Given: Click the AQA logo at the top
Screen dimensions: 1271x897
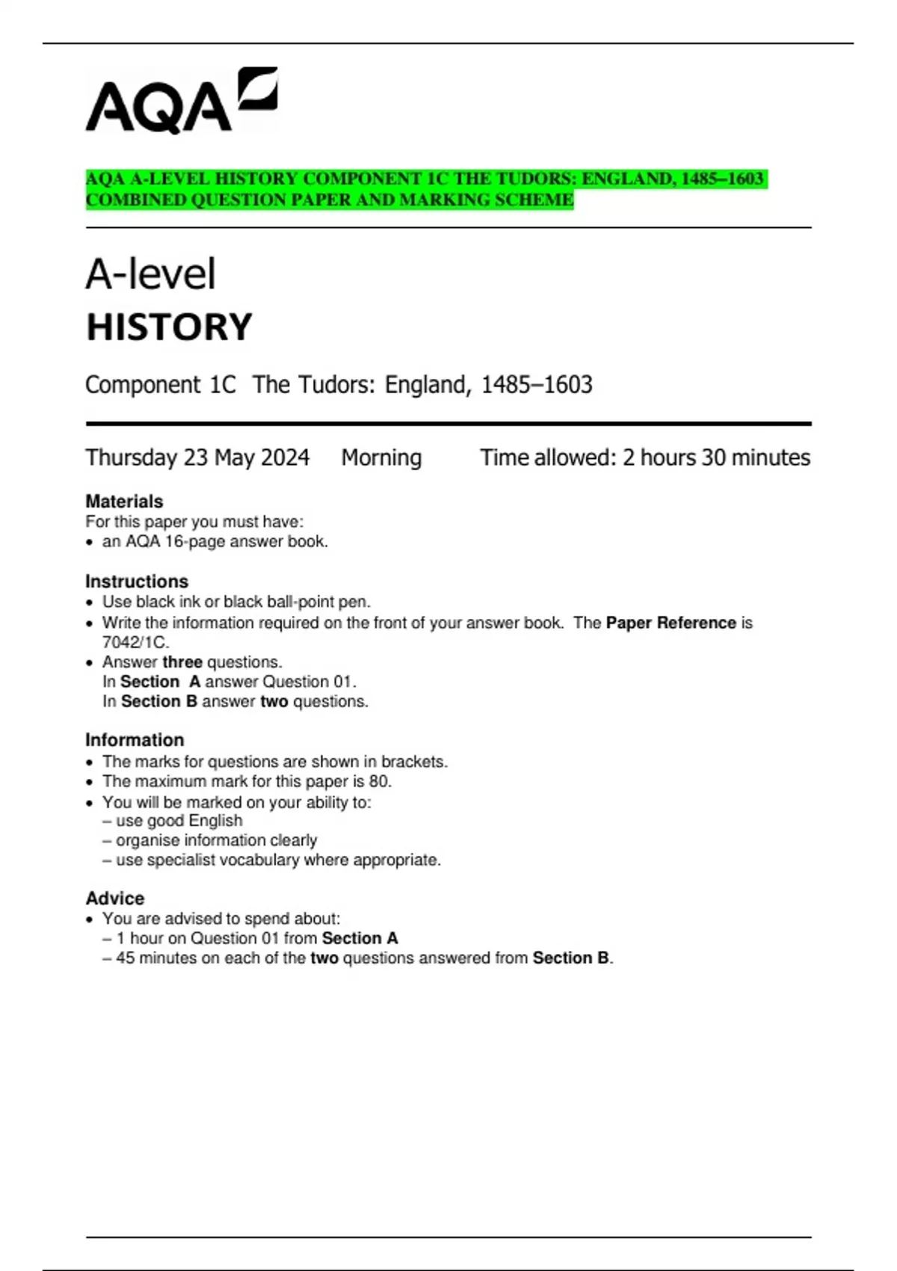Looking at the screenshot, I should tap(181, 100).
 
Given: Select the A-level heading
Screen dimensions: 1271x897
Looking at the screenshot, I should tap(150, 274).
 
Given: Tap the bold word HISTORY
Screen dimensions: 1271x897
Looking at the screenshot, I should tap(169, 327).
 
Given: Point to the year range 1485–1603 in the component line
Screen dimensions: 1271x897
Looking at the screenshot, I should tap(536, 384).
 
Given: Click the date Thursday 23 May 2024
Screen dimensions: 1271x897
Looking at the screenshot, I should tap(197, 458).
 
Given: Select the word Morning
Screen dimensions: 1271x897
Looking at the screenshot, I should tap(381, 458).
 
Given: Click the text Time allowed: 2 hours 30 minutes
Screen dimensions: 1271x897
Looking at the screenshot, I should tap(644, 458).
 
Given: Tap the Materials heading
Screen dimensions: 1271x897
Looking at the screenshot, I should tap(124, 501).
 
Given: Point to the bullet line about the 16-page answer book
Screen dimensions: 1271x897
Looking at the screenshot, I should tap(215, 541).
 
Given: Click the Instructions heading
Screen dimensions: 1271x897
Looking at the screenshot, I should tap(137, 581).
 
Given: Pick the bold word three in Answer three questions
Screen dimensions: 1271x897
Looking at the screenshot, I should tap(182, 662).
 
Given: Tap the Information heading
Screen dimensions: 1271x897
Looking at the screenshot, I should tap(135, 739).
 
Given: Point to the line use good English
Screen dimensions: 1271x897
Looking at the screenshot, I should tap(179, 820).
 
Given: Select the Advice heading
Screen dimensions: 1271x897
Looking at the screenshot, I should tap(115, 898).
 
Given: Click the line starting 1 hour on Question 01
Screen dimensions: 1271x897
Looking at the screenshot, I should tap(256, 938).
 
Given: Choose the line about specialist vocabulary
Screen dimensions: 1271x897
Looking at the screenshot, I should tap(278, 860).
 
